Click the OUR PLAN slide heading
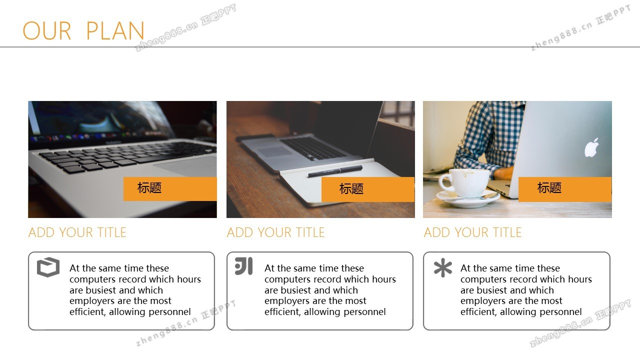click(x=83, y=30)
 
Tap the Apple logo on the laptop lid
click(x=591, y=147)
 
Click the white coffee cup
click(x=463, y=183)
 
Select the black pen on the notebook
click(x=335, y=171)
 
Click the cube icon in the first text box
click(x=48, y=267)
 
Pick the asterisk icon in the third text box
click(x=443, y=267)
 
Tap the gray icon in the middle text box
click(x=243, y=266)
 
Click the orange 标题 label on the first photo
click(x=170, y=189)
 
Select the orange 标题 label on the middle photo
click(x=368, y=189)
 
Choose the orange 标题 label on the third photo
click(x=565, y=189)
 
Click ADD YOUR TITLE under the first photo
click(x=77, y=232)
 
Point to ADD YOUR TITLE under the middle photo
click(x=275, y=232)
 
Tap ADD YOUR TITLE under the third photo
click(x=472, y=232)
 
